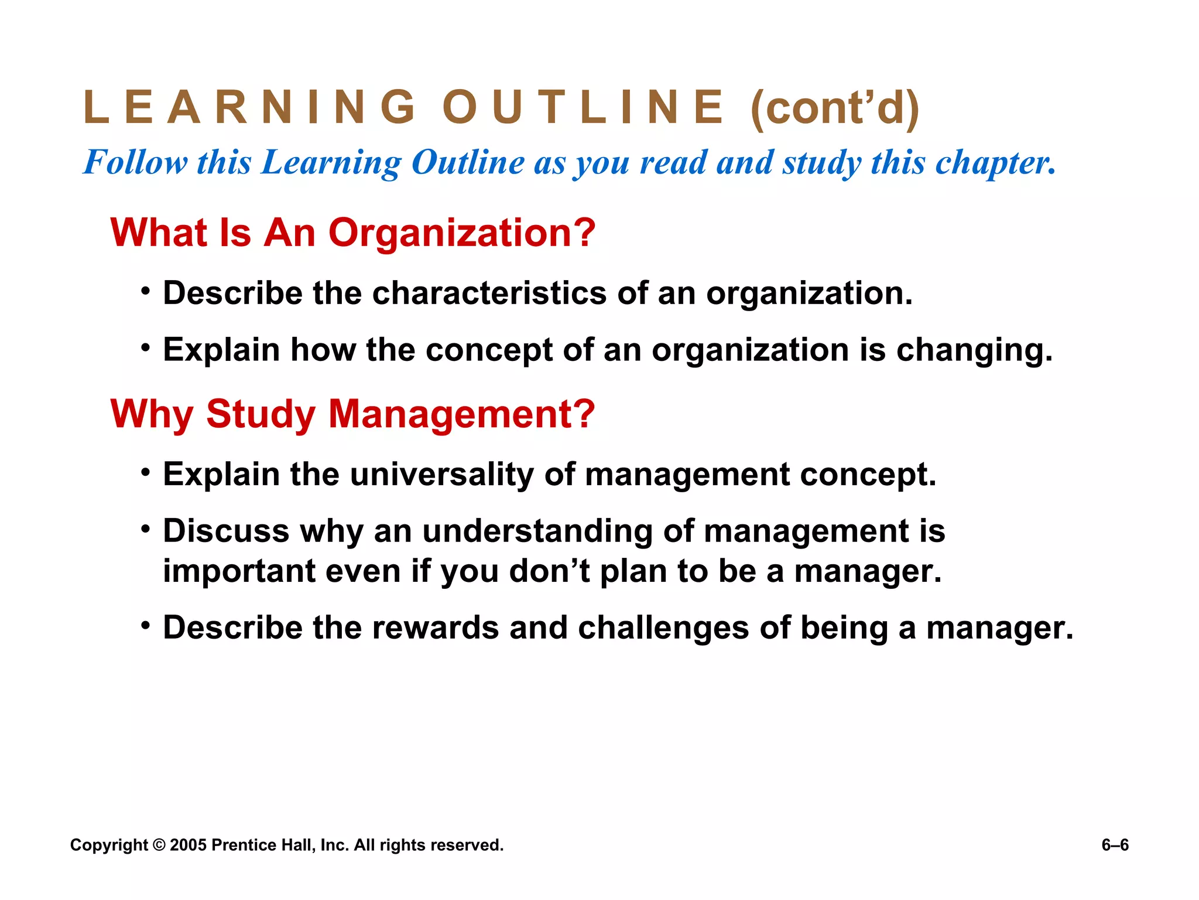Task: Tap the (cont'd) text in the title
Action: point(835,108)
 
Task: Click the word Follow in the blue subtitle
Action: point(136,162)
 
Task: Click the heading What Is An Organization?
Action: point(353,233)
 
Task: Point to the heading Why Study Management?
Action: point(353,414)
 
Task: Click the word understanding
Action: point(537,531)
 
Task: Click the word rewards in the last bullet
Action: point(436,628)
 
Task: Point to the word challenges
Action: point(663,628)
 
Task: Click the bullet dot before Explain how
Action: point(146,347)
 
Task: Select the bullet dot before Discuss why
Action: point(146,529)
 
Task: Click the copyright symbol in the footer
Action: point(159,845)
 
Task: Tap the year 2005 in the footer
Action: point(188,845)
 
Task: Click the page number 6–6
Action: point(1115,845)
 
